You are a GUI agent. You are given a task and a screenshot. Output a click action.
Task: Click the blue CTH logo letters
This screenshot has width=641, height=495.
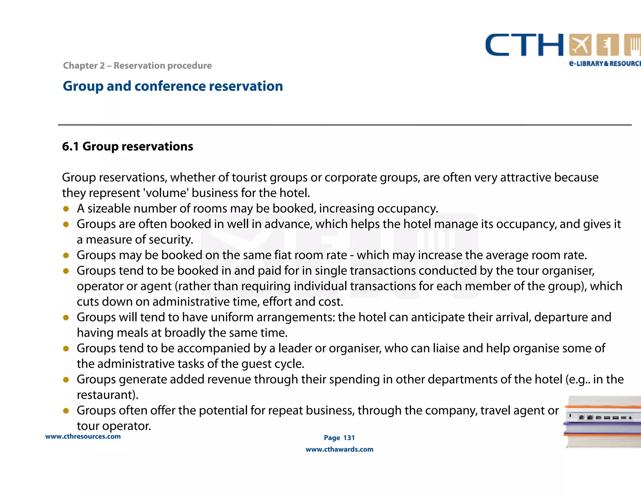tap(524, 45)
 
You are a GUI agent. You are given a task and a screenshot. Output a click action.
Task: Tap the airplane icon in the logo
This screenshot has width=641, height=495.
tap(580, 45)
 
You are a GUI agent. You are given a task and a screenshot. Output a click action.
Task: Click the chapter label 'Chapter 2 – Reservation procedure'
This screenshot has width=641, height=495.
tap(137, 65)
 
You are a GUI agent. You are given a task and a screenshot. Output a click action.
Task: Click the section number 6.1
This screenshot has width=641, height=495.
tap(70, 146)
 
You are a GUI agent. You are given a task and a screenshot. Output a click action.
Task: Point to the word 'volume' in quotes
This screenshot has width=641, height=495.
tap(166, 193)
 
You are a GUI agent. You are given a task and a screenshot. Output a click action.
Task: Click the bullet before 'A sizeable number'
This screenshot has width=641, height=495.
tap(66, 209)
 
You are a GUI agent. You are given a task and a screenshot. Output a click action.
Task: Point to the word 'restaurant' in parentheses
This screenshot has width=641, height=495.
tap(105, 395)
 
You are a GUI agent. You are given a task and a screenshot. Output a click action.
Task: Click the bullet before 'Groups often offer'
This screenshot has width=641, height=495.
tap(66, 411)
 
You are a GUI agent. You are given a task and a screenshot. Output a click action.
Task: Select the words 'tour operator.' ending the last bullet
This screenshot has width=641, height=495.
tap(114, 426)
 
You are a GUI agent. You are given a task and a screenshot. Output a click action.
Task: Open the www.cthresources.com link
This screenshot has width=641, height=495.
tap(83, 436)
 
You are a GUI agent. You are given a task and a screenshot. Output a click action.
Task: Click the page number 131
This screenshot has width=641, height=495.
tap(349, 438)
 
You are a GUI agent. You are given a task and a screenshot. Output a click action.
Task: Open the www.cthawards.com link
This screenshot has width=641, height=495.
tap(339, 449)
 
